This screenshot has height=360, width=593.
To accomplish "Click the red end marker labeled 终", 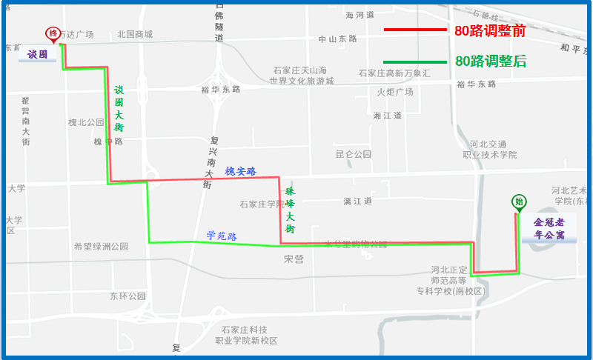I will [53, 33].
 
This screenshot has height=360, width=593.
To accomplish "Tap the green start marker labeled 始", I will [518, 201].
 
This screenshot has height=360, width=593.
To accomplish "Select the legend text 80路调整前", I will [490, 31].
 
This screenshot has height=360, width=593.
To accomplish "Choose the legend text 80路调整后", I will [490, 61].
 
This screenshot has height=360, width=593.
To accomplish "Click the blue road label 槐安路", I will [240, 171].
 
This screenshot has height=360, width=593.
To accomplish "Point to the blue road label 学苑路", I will [221, 236].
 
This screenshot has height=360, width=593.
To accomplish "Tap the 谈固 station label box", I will [38, 55].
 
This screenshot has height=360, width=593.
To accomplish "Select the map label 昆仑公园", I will [353, 155].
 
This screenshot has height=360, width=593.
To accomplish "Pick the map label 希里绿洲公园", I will [101, 247].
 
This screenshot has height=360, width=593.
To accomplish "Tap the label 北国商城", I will [135, 34].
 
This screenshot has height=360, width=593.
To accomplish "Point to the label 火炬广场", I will [394, 93].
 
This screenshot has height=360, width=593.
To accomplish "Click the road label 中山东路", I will [337, 39].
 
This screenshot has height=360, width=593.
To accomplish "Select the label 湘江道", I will [387, 116].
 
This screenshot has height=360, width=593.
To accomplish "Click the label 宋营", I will [294, 259].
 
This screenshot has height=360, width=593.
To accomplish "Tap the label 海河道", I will [360, 15].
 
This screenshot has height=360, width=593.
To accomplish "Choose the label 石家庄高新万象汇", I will [394, 73].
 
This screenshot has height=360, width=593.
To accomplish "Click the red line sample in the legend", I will [414, 30].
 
